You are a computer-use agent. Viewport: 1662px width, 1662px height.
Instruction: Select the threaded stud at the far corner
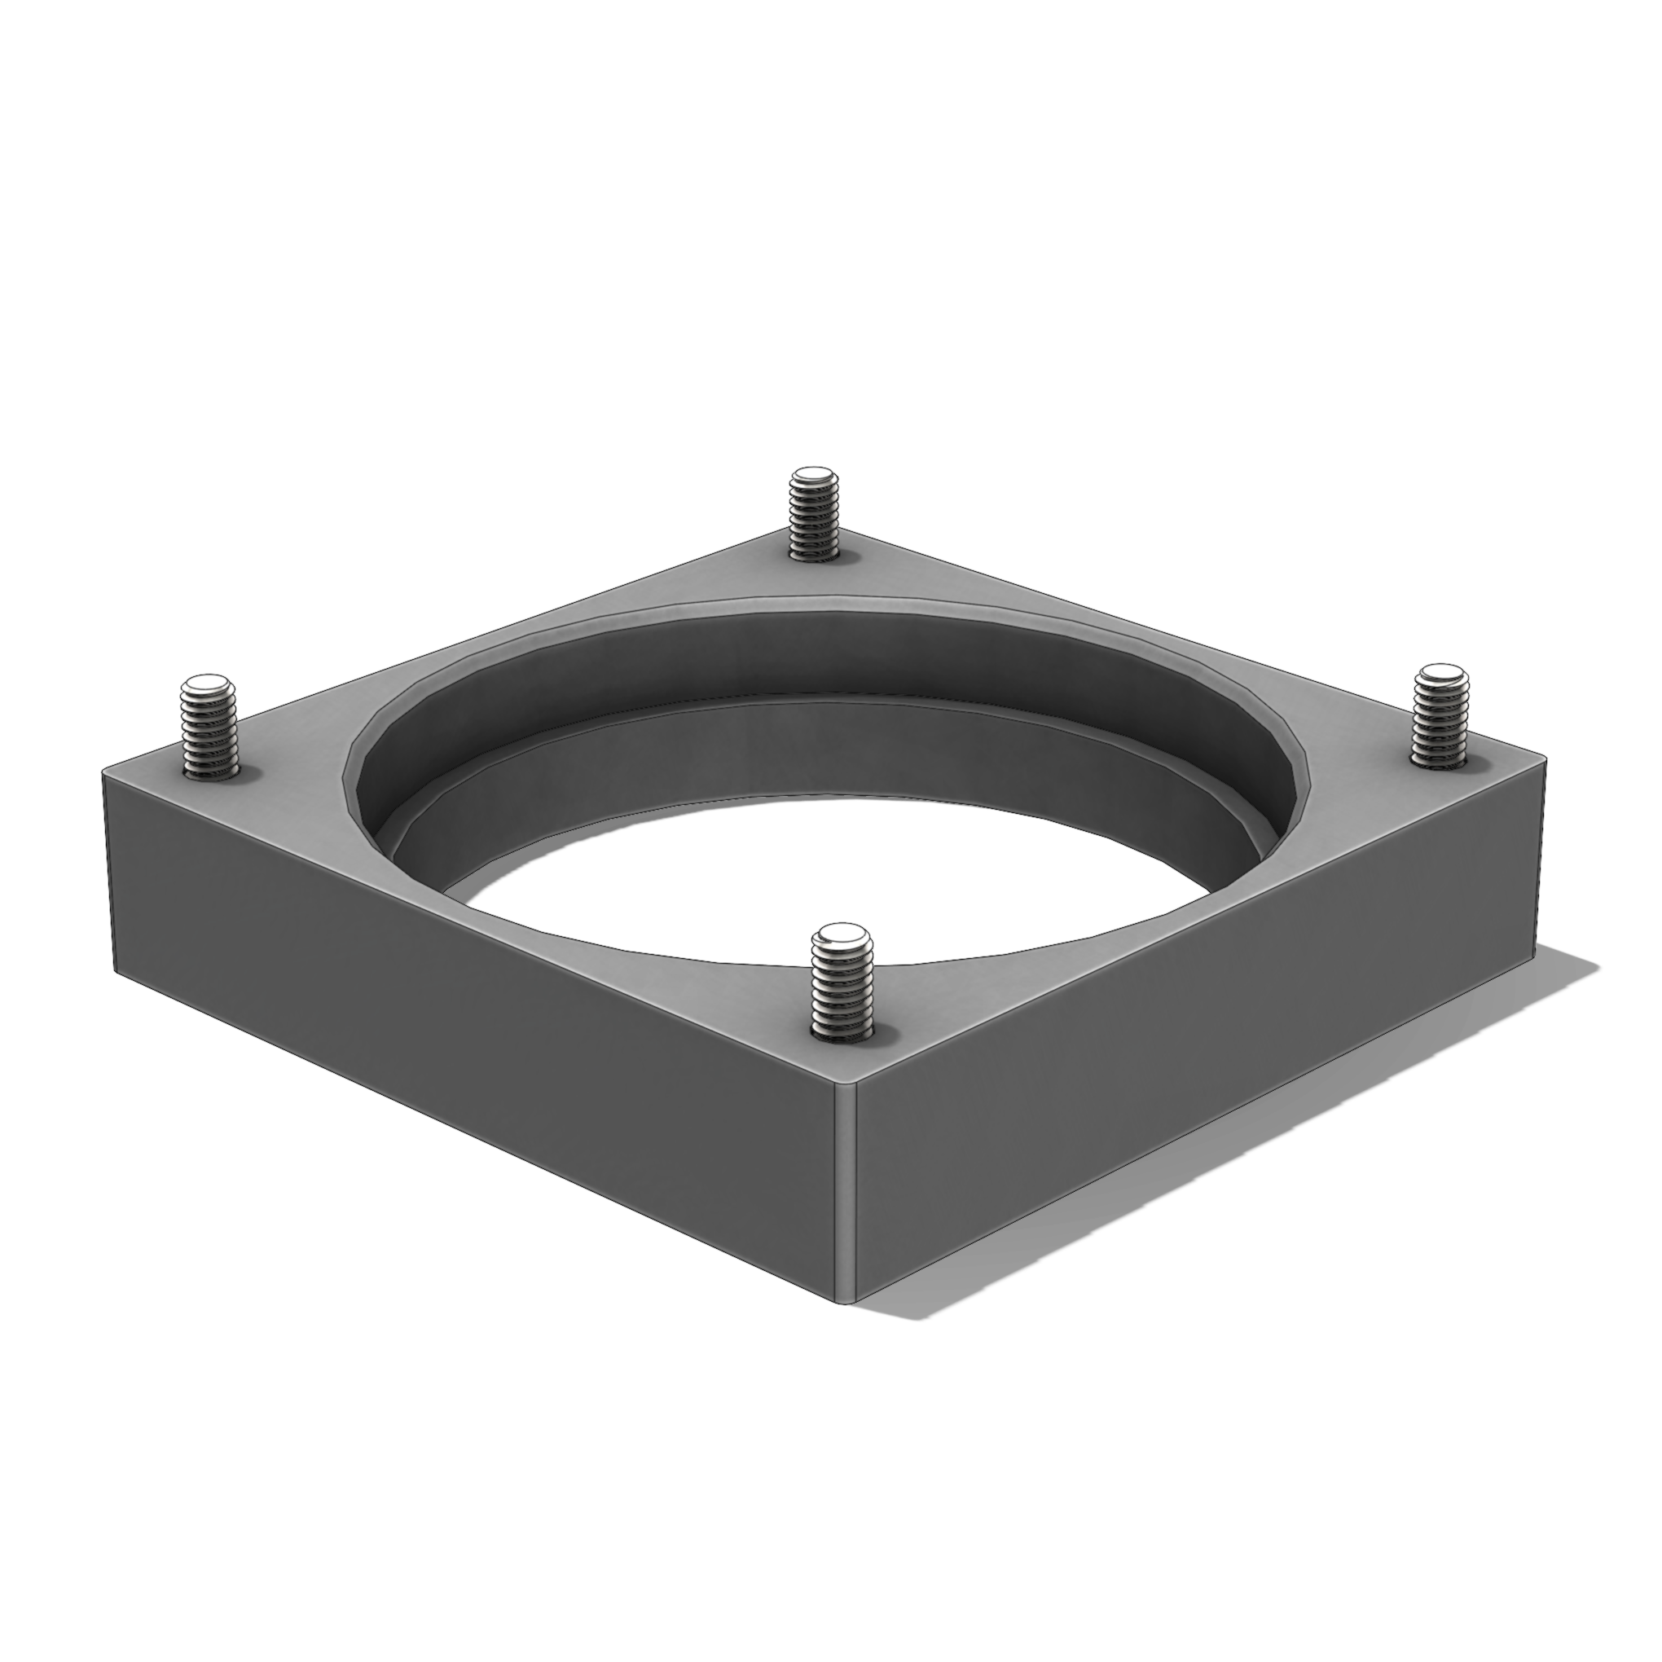(x=814, y=517)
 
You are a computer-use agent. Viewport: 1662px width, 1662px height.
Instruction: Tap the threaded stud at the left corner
(x=209, y=732)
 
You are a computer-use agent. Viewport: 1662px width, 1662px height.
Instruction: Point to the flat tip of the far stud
(x=814, y=476)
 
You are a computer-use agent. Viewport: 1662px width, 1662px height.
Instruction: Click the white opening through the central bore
(x=826, y=886)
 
